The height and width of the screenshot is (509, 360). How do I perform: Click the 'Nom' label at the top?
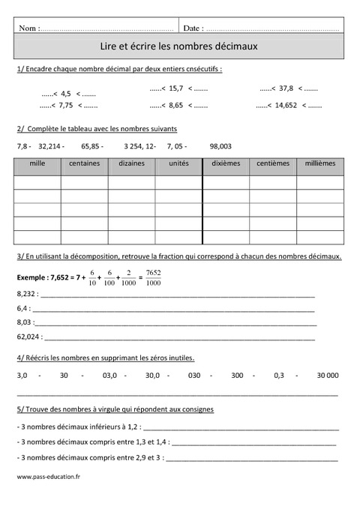(29, 28)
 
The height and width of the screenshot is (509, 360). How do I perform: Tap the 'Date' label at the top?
(193, 28)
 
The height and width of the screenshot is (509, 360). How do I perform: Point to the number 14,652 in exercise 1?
(284, 106)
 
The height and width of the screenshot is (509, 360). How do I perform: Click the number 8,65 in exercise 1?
(176, 106)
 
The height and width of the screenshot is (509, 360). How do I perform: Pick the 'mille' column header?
(37, 163)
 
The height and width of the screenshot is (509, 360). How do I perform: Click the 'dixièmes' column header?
(226, 163)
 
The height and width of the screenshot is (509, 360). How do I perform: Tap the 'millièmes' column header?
(321, 163)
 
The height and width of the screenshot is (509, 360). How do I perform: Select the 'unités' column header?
(179, 163)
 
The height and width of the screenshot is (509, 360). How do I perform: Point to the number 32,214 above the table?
(49, 146)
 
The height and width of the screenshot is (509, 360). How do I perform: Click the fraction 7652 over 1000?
(153, 277)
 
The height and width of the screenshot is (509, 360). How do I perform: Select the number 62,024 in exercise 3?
(27, 337)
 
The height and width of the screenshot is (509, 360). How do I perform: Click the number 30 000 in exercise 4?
(328, 374)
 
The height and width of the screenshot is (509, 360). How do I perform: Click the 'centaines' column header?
(85, 163)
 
